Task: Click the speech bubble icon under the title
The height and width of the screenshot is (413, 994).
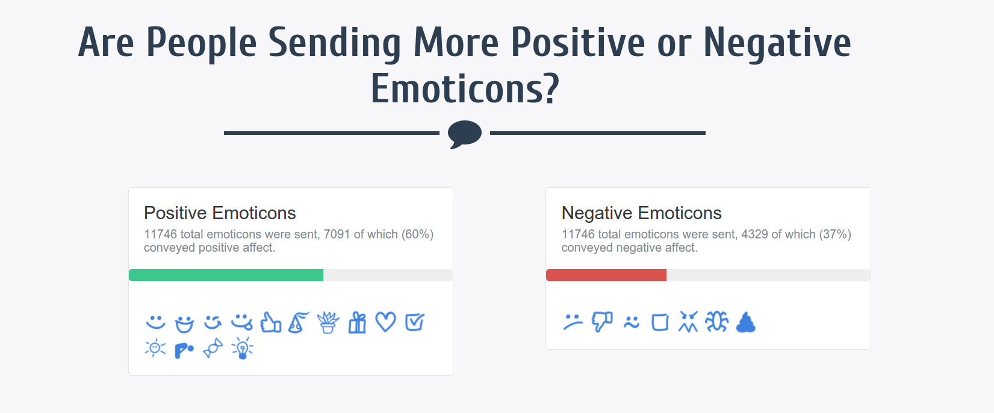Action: coord(465,134)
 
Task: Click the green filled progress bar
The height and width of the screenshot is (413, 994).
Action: coord(226,275)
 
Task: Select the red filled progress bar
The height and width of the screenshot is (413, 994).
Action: coord(606,275)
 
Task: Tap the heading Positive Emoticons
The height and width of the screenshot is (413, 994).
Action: coord(220,213)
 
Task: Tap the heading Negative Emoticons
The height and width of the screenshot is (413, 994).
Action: coord(641,213)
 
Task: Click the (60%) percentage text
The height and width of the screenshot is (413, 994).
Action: coord(417,234)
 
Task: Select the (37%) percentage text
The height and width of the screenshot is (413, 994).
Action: coord(835,234)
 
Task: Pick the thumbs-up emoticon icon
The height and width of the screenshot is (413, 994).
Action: coord(270,322)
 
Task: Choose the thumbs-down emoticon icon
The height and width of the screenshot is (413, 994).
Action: coord(601,322)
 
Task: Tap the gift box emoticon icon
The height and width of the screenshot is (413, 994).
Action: coord(357,322)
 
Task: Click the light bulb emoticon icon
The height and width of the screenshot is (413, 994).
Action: coord(242,348)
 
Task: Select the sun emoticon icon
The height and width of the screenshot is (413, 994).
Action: coord(155,348)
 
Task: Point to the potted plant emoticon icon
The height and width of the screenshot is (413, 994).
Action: coord(328,323)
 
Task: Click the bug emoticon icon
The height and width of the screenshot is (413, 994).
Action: coord(716,322)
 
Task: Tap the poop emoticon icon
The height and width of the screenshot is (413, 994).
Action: coord(745,323)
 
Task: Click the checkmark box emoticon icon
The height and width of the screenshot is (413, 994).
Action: coord(414,322)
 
